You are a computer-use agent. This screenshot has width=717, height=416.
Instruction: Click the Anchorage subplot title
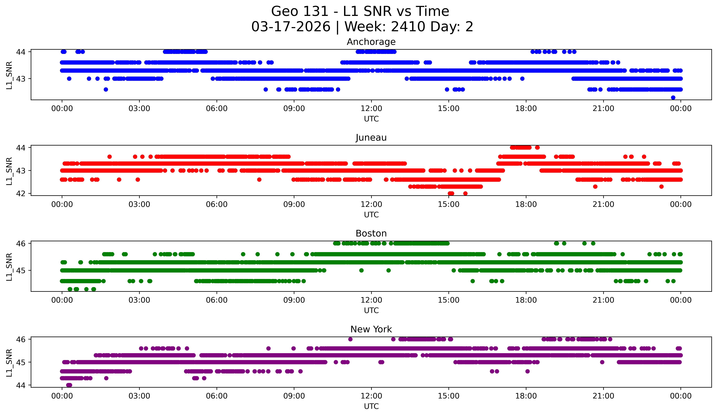pyautogui.click(x=371, y=42)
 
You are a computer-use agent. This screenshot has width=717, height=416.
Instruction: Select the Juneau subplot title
pyautogui.click(x=371, y=138)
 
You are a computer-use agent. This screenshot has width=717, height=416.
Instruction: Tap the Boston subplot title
pyautogui.click(x=371, y=233)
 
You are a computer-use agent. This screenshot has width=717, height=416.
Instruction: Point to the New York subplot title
pyautogui.click(x=371, y=329)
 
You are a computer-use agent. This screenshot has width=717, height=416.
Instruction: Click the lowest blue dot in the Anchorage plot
pyautogui.click(x=673, y=98)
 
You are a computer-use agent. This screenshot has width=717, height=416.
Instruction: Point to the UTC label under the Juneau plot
pyautogui.click(x=371, y=215)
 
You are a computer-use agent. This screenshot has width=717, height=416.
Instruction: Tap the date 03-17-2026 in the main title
pyautogui.click(x=291, y=27)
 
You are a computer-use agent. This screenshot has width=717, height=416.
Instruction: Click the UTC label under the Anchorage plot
pyautogui.click(x=371, y=119)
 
